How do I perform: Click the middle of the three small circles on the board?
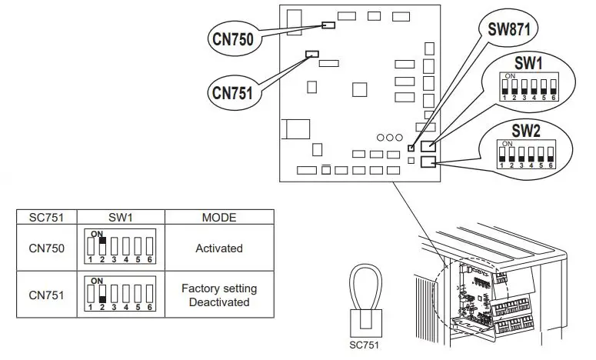tap(390, 136)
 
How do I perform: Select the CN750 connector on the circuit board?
tap(328, 25)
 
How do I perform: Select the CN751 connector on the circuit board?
tap(311, 53)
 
